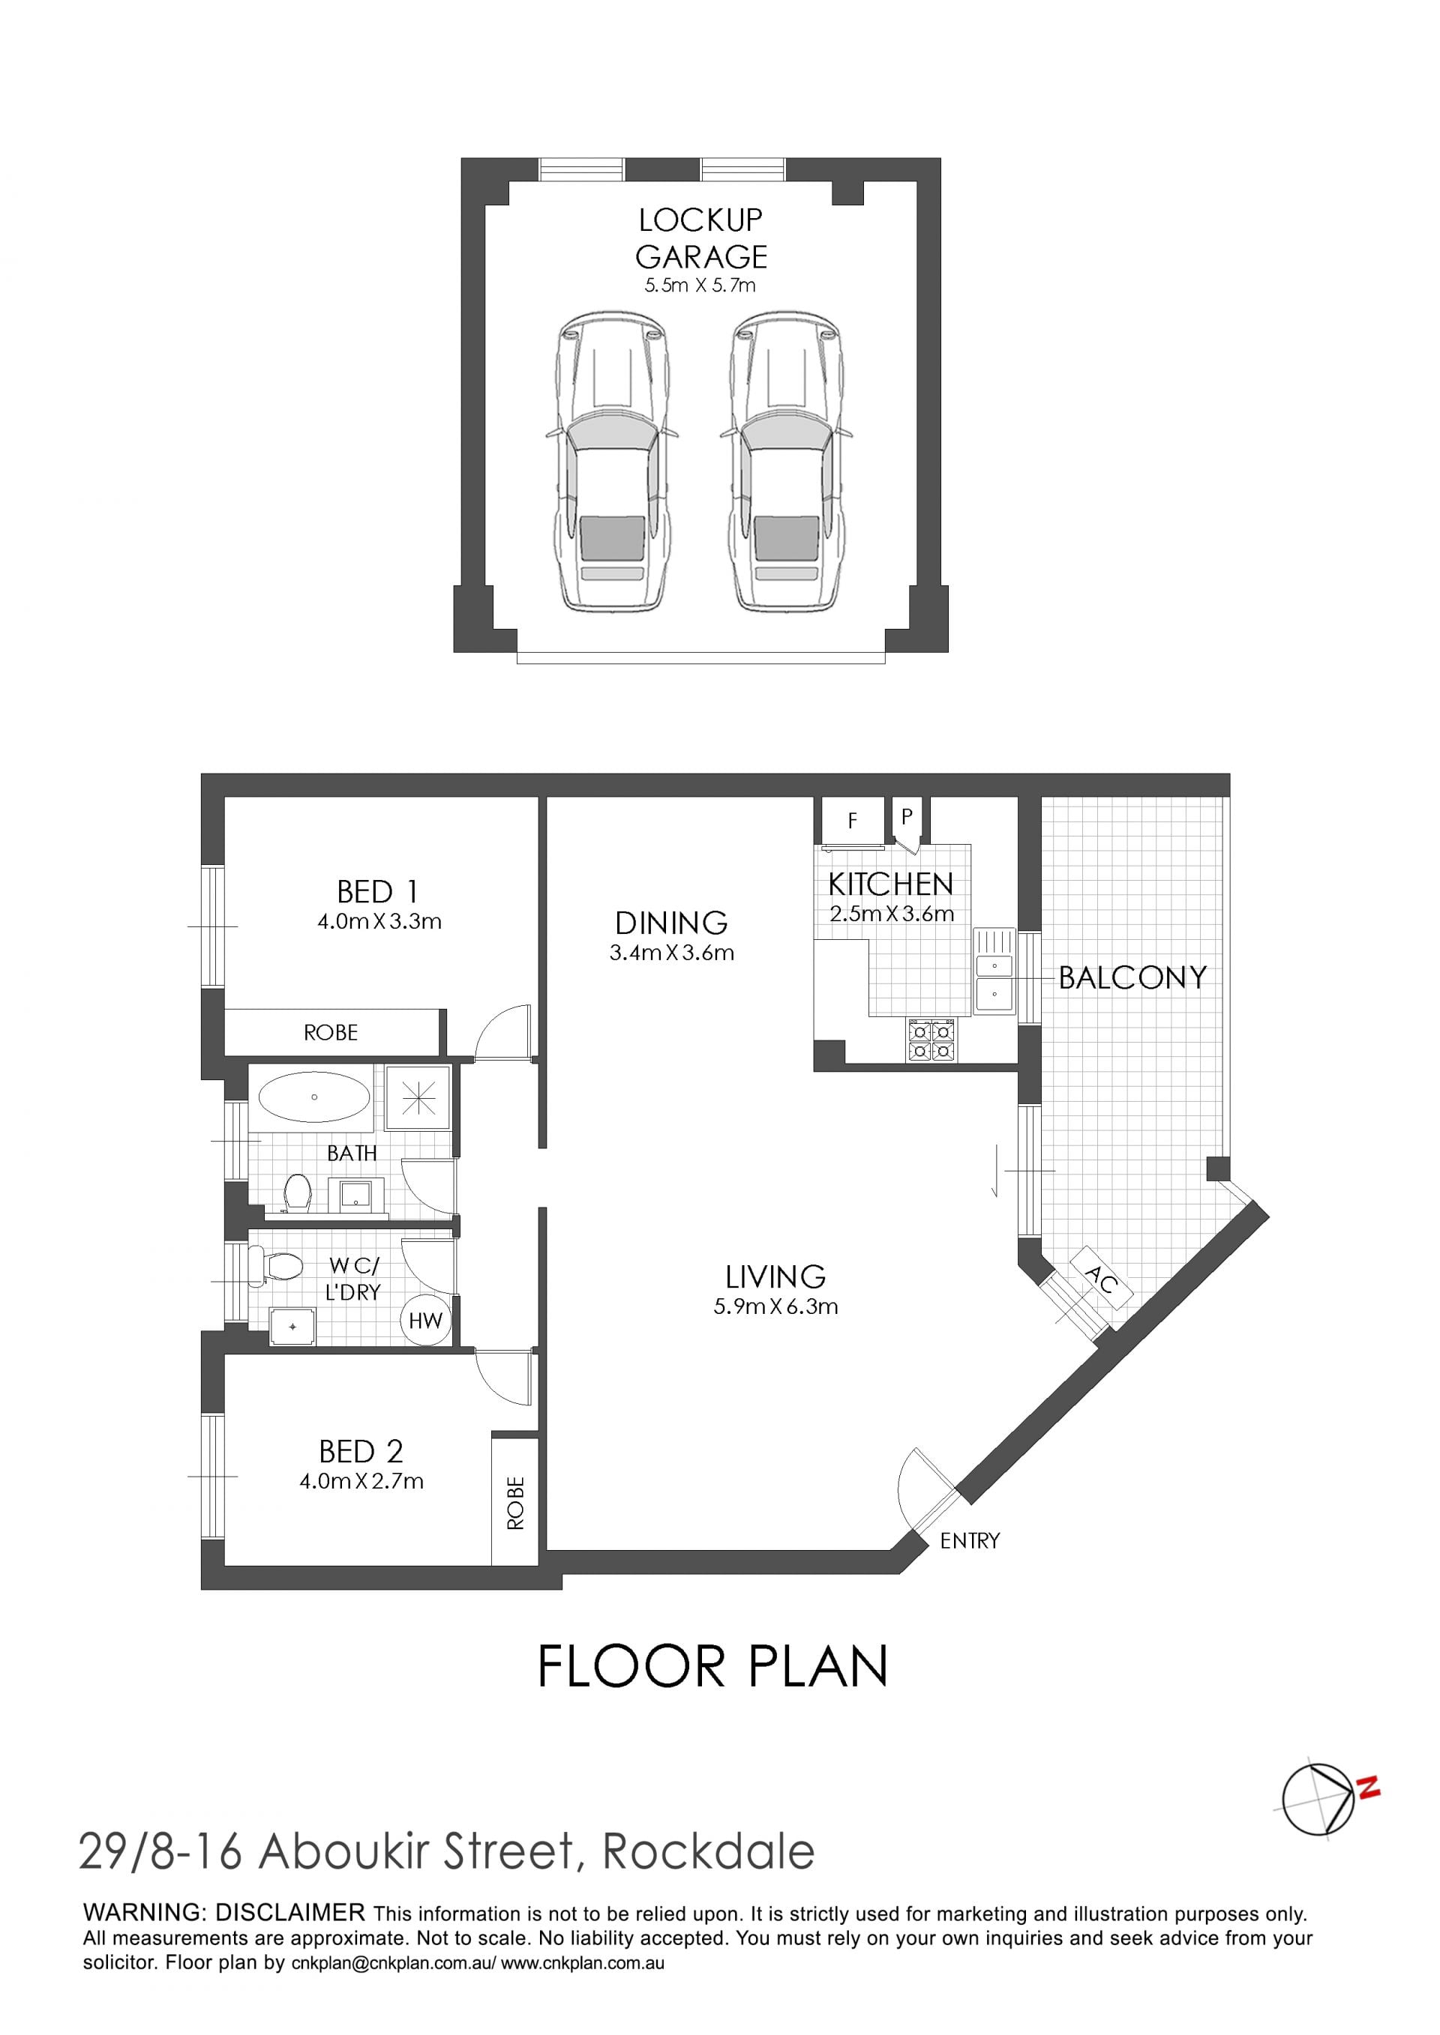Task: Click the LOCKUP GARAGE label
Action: (x=700, y=238)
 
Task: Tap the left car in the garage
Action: (x=611, y=461)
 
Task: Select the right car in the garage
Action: (x=785, y=461)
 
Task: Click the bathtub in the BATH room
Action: (x=315, y=1097)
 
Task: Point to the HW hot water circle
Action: (x=425, y=1321)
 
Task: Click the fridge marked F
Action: (x=853, y=821)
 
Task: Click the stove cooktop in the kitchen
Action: (x=931, y=1040)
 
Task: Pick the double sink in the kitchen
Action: (x=994, y=971)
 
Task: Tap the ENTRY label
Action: (x=970, y=1541)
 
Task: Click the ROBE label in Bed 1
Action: (x=331, y=1033)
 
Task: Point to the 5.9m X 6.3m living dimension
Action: (x=775, y=1306)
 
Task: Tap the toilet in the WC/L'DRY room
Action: (x=276, y=1266)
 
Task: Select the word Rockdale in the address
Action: (x=709, y=1852)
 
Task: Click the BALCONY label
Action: (x=1132, y=977)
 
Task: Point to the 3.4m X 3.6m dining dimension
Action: (x=672, y=953)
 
